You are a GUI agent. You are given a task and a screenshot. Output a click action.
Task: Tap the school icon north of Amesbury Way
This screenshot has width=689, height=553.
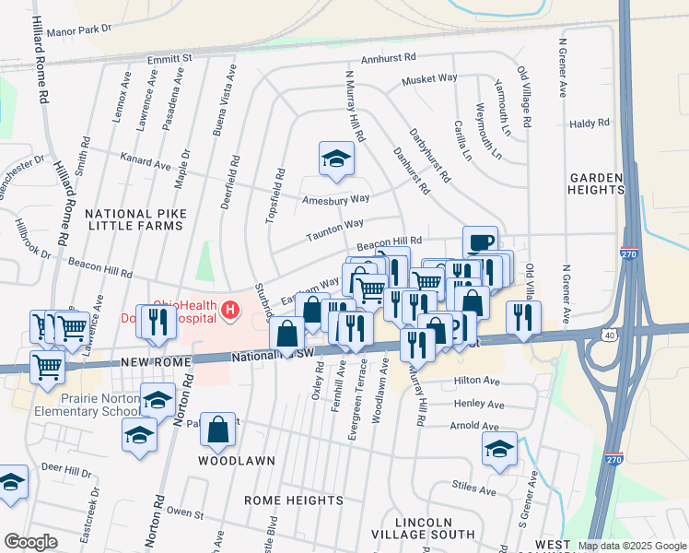(336, 159)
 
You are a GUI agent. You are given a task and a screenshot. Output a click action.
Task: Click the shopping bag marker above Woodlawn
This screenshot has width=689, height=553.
(217, 429)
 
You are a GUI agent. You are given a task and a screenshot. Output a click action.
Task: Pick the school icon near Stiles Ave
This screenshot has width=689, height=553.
(499, 450)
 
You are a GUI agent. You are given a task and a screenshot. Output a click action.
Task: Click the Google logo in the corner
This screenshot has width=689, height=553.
(30, 542)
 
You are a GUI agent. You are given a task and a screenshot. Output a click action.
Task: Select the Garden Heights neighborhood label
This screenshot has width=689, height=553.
(597, 182)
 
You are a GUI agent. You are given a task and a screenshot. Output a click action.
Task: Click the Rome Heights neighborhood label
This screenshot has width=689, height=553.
(293, 500)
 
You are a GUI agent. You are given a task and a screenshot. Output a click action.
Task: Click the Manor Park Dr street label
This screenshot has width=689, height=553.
(79, 29)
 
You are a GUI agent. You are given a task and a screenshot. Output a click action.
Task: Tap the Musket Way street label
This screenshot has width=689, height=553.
(428, 79)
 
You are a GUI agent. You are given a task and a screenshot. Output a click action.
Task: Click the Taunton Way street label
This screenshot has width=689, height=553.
(334, 227)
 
